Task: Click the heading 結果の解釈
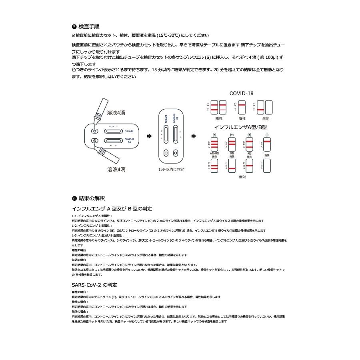coord(92,198)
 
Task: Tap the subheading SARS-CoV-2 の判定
coord(94,285)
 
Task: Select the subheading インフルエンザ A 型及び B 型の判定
coord(112,209)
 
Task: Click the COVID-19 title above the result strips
coord(241,94)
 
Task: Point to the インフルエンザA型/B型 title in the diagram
coord(240,127)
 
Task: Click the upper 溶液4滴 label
coord(116,113)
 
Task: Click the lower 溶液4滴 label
coord(116,169)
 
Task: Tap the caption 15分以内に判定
coord(171,170)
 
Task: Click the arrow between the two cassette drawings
coord(149,136)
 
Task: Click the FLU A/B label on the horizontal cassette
coord(129,131)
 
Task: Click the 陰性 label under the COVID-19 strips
coord(242,118)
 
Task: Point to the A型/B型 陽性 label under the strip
coord(214,155)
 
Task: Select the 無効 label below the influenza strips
coord(242,177)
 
